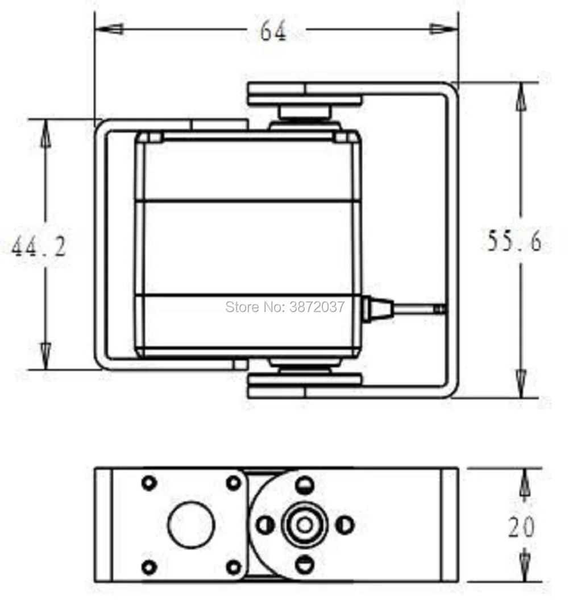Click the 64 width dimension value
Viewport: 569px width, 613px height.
coord(273,31)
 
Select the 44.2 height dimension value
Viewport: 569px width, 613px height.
coord(39,247)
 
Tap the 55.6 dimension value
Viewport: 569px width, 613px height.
coord(514,242)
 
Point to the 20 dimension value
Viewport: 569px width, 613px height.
coord(521,527)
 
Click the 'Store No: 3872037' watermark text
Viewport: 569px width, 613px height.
coord(285,307)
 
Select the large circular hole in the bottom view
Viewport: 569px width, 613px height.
coord(191,524)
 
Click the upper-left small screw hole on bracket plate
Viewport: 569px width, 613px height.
coord(149,483)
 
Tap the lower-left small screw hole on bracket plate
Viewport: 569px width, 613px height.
coord(149,567)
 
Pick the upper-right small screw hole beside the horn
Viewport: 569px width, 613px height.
coord(234,483)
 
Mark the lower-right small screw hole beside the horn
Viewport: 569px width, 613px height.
coord(234,567)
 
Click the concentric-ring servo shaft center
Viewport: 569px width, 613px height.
coord(305,524)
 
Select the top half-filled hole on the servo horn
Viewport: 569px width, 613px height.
coord(305,484)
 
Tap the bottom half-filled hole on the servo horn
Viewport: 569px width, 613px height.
coord(305,564)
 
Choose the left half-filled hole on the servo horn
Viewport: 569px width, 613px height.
coord(265,524)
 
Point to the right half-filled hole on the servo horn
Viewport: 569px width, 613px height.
coord(345,524)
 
